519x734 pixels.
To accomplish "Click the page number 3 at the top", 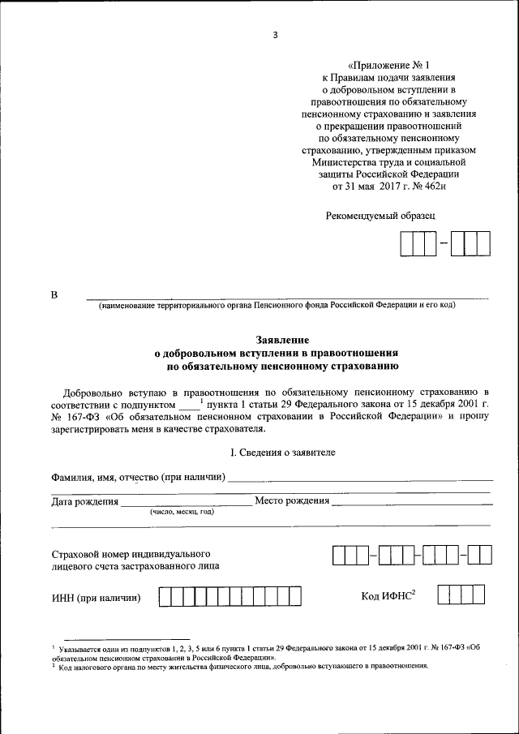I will tap(275, 35).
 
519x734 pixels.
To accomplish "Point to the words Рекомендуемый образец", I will tap(380, 216).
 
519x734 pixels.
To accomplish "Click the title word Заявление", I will tap(276, 341).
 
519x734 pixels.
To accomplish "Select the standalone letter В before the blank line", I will tap(54, 294).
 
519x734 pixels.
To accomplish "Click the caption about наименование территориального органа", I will tap(277, 305).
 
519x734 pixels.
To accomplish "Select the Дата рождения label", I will tap(85, 502).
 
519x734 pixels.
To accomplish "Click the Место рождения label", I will tap(292, 500).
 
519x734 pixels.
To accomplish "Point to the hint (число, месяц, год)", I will tap(181, 513).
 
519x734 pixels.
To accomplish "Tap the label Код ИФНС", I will tap(388, 597).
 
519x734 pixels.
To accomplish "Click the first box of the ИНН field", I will tap(165, 598).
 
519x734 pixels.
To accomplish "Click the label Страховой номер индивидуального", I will tap(119, 551).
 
